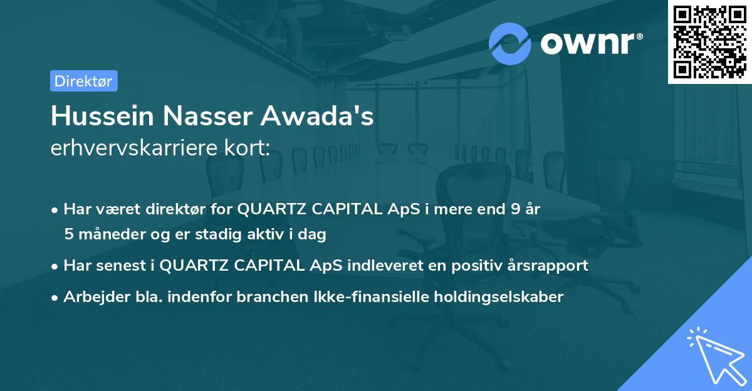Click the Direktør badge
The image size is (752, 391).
83,81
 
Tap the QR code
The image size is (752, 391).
709,41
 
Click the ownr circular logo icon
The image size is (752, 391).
509,44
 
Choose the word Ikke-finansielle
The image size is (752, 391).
362,297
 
